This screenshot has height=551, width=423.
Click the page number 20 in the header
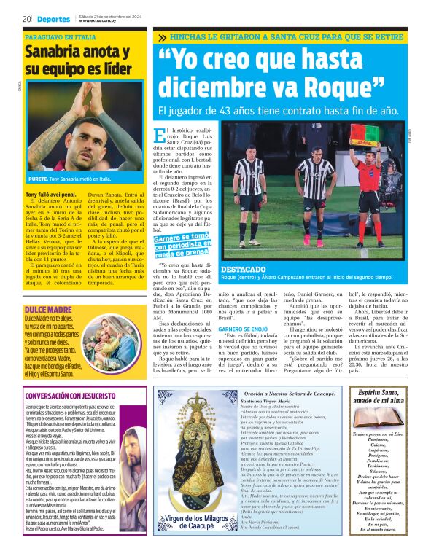point(27,19)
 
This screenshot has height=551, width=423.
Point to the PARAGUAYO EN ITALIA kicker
point(60,36)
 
